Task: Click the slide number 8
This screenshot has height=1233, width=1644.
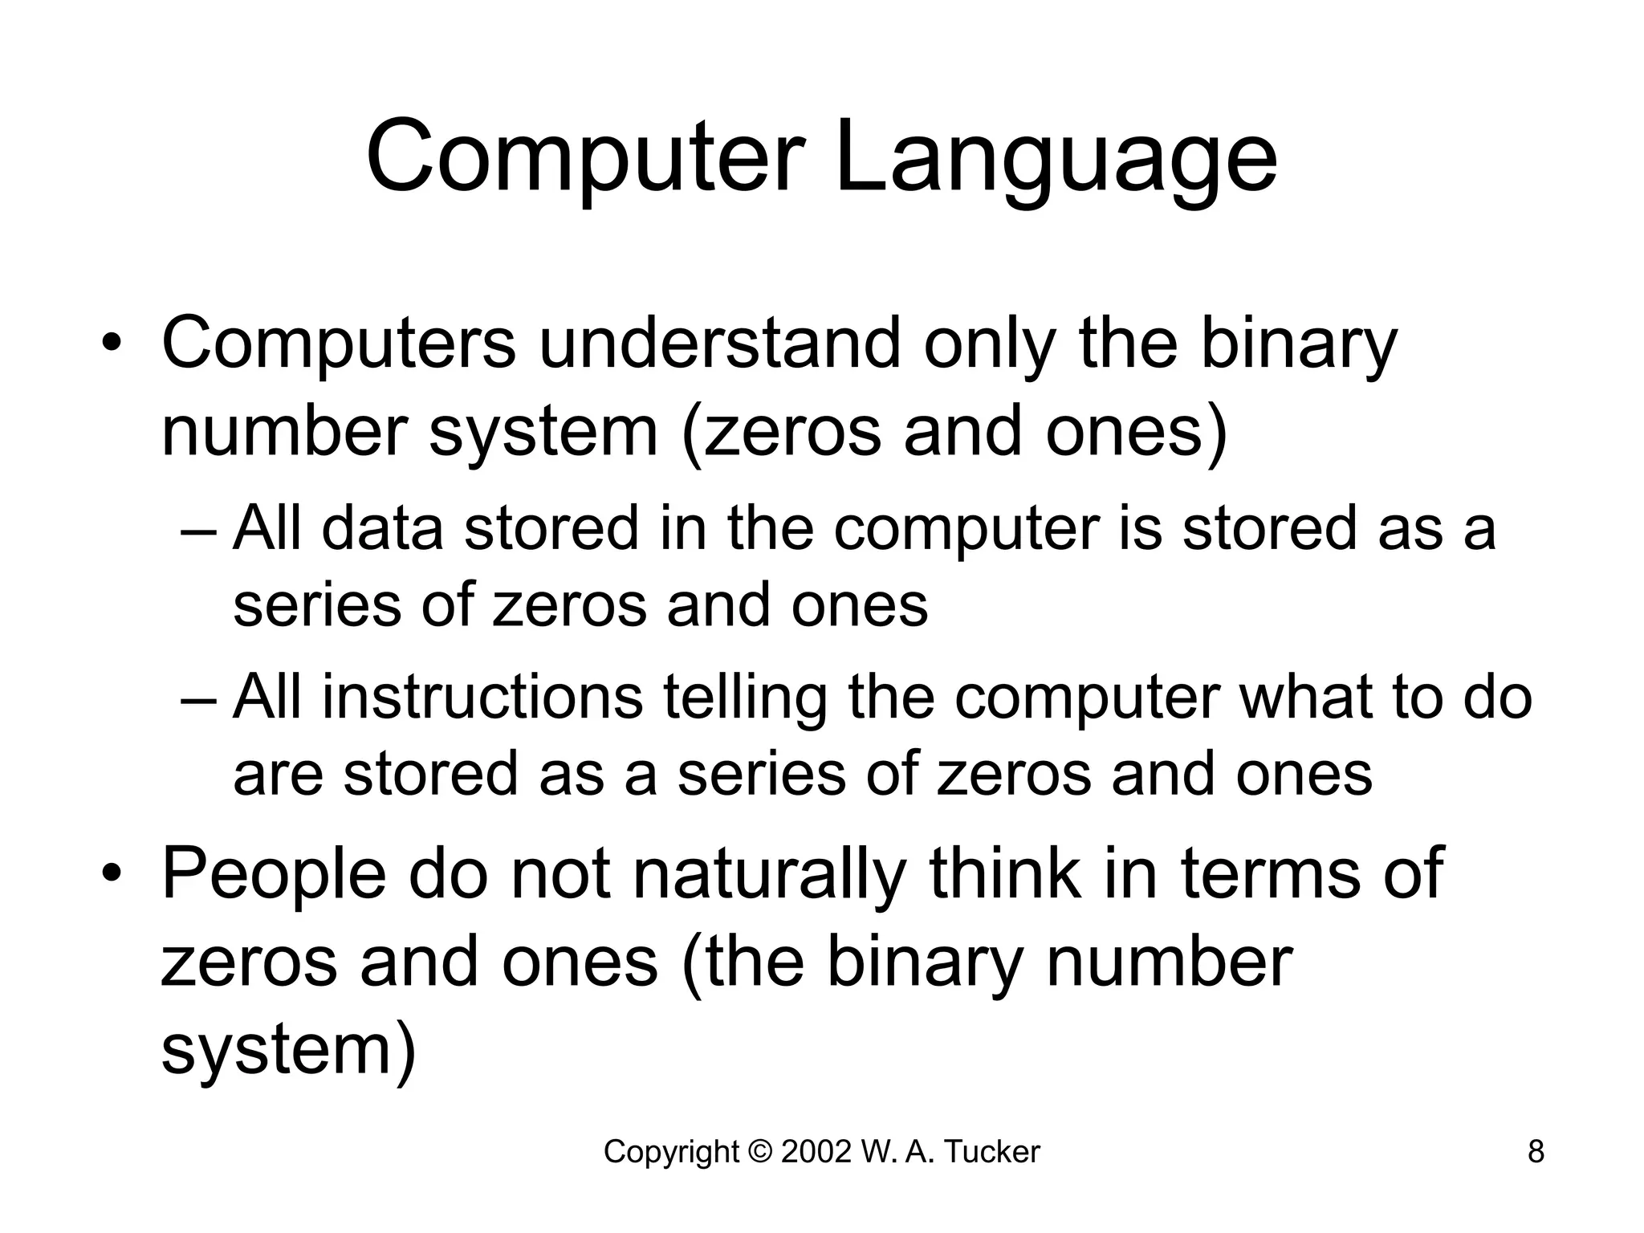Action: click(1535, 1152)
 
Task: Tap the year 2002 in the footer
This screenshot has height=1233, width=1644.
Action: click(816, 1152)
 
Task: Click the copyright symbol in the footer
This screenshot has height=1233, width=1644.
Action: click(759, 1152)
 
